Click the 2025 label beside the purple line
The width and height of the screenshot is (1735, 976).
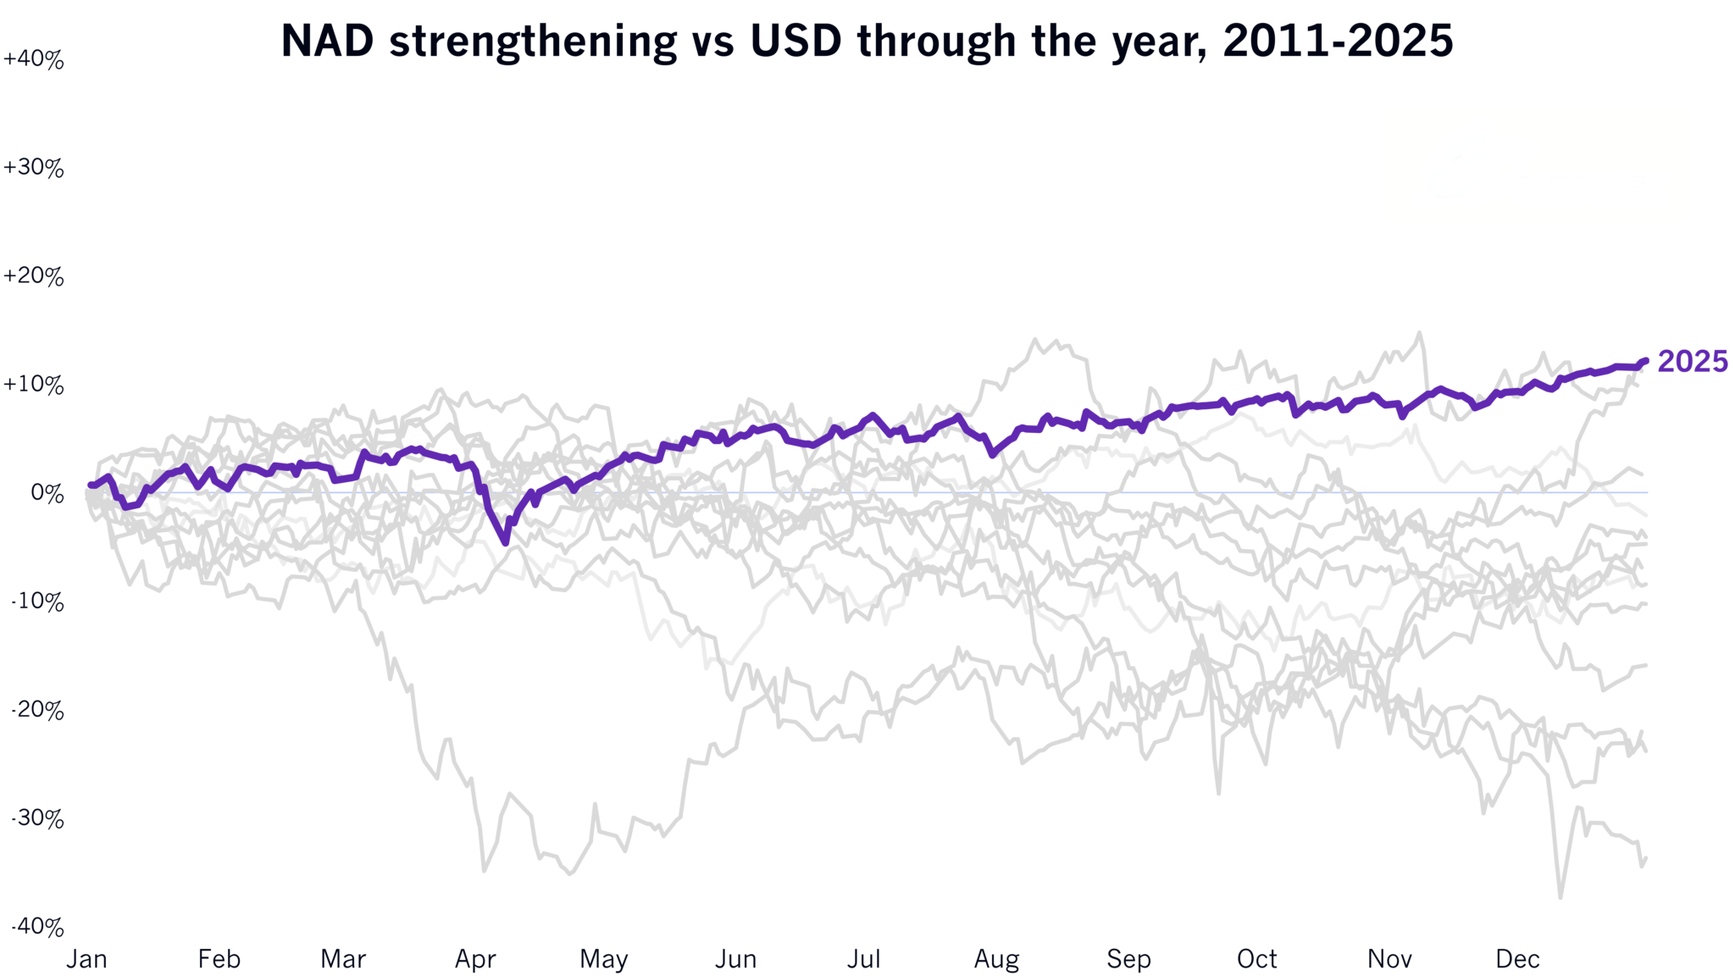coord(1692,361)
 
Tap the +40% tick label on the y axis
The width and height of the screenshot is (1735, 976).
coord(34,59)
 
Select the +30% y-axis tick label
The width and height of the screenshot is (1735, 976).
coord(34,168)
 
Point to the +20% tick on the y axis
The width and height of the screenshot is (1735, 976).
coord(34,276)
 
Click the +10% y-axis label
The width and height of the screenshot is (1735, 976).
coord(34,385)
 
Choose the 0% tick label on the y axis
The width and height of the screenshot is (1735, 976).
coord(47,493)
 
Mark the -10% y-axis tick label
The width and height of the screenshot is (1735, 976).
coord(37,602)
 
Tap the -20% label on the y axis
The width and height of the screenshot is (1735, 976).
coord(37,710)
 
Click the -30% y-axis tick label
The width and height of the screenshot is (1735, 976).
coord(37,818)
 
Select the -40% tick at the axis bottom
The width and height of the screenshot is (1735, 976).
coord(37,927)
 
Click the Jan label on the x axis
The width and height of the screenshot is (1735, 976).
coord(87,959)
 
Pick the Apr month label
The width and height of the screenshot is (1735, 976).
coord(475,960)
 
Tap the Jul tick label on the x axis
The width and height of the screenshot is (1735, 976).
coord(864,959)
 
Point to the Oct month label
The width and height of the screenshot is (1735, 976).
coord(1257,959)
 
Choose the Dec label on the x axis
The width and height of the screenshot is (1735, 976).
coord(1517,959)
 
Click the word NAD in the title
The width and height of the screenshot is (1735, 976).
coord(327,41)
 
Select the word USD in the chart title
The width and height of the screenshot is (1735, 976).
coord(795,41)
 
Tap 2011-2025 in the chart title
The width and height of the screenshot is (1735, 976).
coord(1339,41)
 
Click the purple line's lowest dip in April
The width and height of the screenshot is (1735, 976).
coord(506,542)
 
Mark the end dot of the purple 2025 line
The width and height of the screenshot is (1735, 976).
coord(1645,361)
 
